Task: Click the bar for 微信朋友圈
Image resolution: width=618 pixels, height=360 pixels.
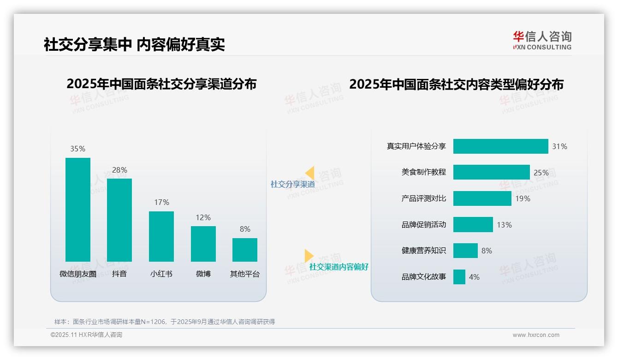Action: (78, 210)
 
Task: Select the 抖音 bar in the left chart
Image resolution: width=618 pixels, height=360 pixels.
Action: (119, 220)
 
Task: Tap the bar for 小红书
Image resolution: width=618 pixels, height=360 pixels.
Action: (161, 236)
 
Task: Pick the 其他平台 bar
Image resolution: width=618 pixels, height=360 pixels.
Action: (245, 250)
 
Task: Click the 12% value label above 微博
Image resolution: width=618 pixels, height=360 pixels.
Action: (203, 217)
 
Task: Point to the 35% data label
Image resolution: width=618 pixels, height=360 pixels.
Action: (77, 149)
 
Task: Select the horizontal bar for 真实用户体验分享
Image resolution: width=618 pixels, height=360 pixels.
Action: (500, 146)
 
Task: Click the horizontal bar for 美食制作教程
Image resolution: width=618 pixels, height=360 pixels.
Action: (491, 172)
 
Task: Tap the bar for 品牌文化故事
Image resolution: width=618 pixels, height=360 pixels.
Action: (459, 277)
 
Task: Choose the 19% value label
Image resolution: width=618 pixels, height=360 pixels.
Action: (523, 198)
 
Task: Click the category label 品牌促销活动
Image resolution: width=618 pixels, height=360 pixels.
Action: (423, 225)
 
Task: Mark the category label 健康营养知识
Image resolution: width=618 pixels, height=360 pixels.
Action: (423, 251)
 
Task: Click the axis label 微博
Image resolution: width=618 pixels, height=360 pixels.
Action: (203, 274)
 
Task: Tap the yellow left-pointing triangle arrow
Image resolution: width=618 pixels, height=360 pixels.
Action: (310, 173)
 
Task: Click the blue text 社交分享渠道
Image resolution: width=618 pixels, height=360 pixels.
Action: (292, 184)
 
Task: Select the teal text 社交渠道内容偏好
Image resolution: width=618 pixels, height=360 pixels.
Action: (339, 267)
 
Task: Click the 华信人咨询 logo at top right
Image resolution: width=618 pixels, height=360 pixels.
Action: (542, 40)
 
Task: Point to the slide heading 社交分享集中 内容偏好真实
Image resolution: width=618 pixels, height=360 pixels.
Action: (134, 44)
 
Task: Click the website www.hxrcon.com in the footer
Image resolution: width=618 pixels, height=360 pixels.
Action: (535, 335)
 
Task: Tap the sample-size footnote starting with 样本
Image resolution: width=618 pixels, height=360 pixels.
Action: (165, 322)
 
